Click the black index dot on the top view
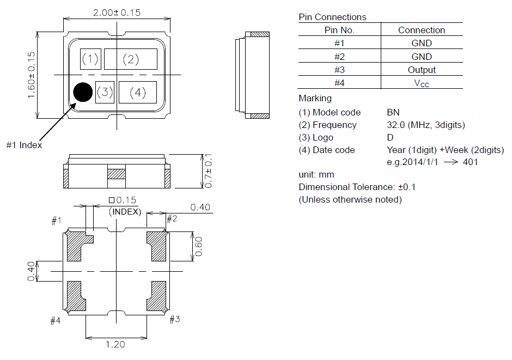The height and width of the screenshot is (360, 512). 83,92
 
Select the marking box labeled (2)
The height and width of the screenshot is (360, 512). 131,59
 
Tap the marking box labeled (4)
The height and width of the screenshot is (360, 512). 137,93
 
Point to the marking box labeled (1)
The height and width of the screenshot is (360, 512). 90,59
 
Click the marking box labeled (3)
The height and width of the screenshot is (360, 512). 105,92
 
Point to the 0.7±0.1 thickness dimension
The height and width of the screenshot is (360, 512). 208,170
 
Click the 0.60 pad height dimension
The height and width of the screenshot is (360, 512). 200,246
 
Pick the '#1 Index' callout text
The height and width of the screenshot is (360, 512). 24,145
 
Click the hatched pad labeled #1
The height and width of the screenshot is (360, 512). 77,245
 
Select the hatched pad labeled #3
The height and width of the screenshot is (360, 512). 157,296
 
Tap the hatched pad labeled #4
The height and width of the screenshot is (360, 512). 75,296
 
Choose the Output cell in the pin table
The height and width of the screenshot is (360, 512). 422,70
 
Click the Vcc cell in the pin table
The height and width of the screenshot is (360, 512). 422,83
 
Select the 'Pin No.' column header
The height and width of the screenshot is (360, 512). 339,30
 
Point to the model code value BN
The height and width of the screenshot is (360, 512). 393,112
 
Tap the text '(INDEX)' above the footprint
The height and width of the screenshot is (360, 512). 125,211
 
